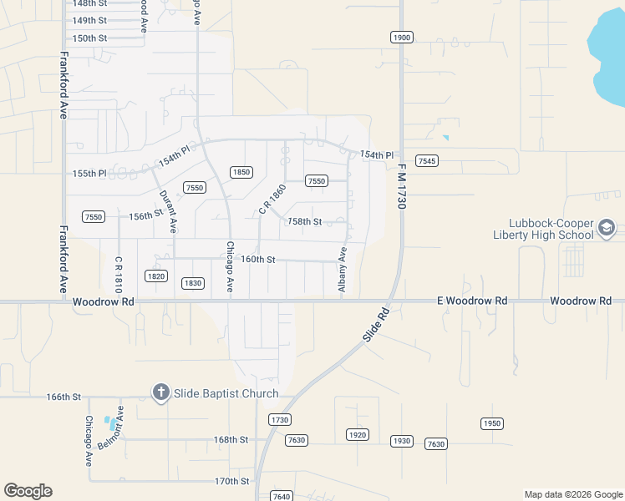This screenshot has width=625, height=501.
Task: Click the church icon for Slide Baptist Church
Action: tap(160, 392)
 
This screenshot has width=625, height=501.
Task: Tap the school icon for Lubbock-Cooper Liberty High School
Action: tap(607, 227)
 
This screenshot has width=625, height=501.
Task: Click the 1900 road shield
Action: tap(402, 38)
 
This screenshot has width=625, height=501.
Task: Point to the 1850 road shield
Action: tap(241, 172)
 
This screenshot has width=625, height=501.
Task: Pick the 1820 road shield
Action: tap(156, 276)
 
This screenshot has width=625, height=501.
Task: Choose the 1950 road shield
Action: tap(492, 423)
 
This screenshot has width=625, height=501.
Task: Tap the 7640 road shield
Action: tap(282, 496)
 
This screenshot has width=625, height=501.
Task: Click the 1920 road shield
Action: tap(358, 435)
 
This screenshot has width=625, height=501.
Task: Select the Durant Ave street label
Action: tap(167, 210)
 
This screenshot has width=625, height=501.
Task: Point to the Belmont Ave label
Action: tap(109, 429)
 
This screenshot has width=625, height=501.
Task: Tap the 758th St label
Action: tap(304, 222)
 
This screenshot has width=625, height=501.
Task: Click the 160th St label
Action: tap(258, 259)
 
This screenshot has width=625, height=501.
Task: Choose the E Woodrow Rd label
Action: tap(472, 301)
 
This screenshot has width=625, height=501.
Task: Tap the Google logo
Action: tap(28, 491)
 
